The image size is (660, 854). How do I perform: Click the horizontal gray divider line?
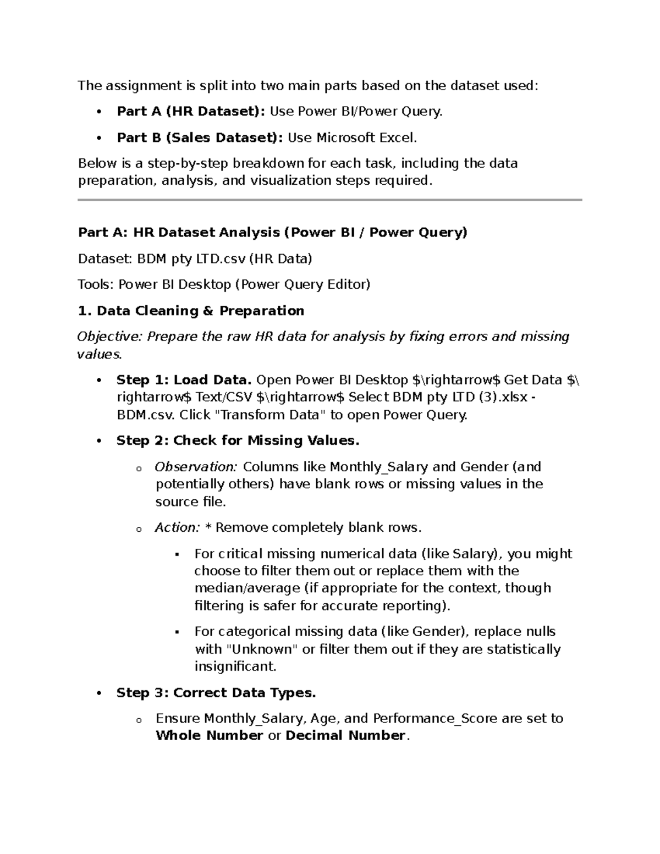tap(329, 200)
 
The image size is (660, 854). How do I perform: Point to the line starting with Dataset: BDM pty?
tap(195, 258)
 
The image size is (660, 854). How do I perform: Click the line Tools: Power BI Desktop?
tap(224, 284)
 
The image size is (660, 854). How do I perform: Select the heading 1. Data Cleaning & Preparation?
tap(191, 311)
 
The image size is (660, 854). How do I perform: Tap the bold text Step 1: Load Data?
tap(184, 380)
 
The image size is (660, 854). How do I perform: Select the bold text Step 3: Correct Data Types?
tap(216, 693)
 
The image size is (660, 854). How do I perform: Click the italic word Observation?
tap(196, 467)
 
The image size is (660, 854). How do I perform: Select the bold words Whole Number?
tap(210, 736)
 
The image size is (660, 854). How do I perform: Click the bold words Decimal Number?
tap(345, 736)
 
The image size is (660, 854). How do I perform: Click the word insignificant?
tap(234, 666)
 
